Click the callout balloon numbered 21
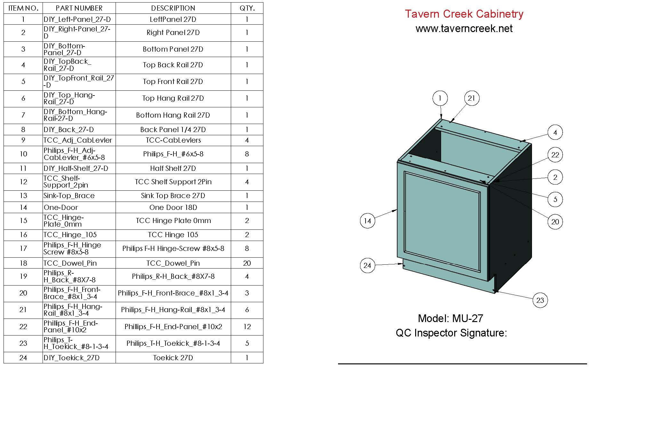[x=472, y=98]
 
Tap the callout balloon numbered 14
[x=367, y=220]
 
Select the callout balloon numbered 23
[x=540, y=300]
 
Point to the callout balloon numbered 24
[x=367, y=265]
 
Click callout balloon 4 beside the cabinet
[x=555, y=132]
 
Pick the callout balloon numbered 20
[x=555, y=222]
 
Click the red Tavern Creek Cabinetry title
[x=464, y=14]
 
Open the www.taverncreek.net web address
[x=464, y=29]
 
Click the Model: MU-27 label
[x=450, y=318]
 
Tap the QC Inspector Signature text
[x=451, y=333]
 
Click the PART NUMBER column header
[x=79, y=8]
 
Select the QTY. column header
[x=247, y=8]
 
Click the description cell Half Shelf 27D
[x=173, y=168]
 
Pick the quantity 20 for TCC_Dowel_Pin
[x=247, y=263]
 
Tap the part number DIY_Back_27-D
[x=69, y=129]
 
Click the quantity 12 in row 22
[x=247, y=327]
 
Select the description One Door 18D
[x=173, y=207]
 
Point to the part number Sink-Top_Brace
[x=69, y=195]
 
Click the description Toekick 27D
[x=173, y=358]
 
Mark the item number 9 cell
[x=23, y=140]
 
